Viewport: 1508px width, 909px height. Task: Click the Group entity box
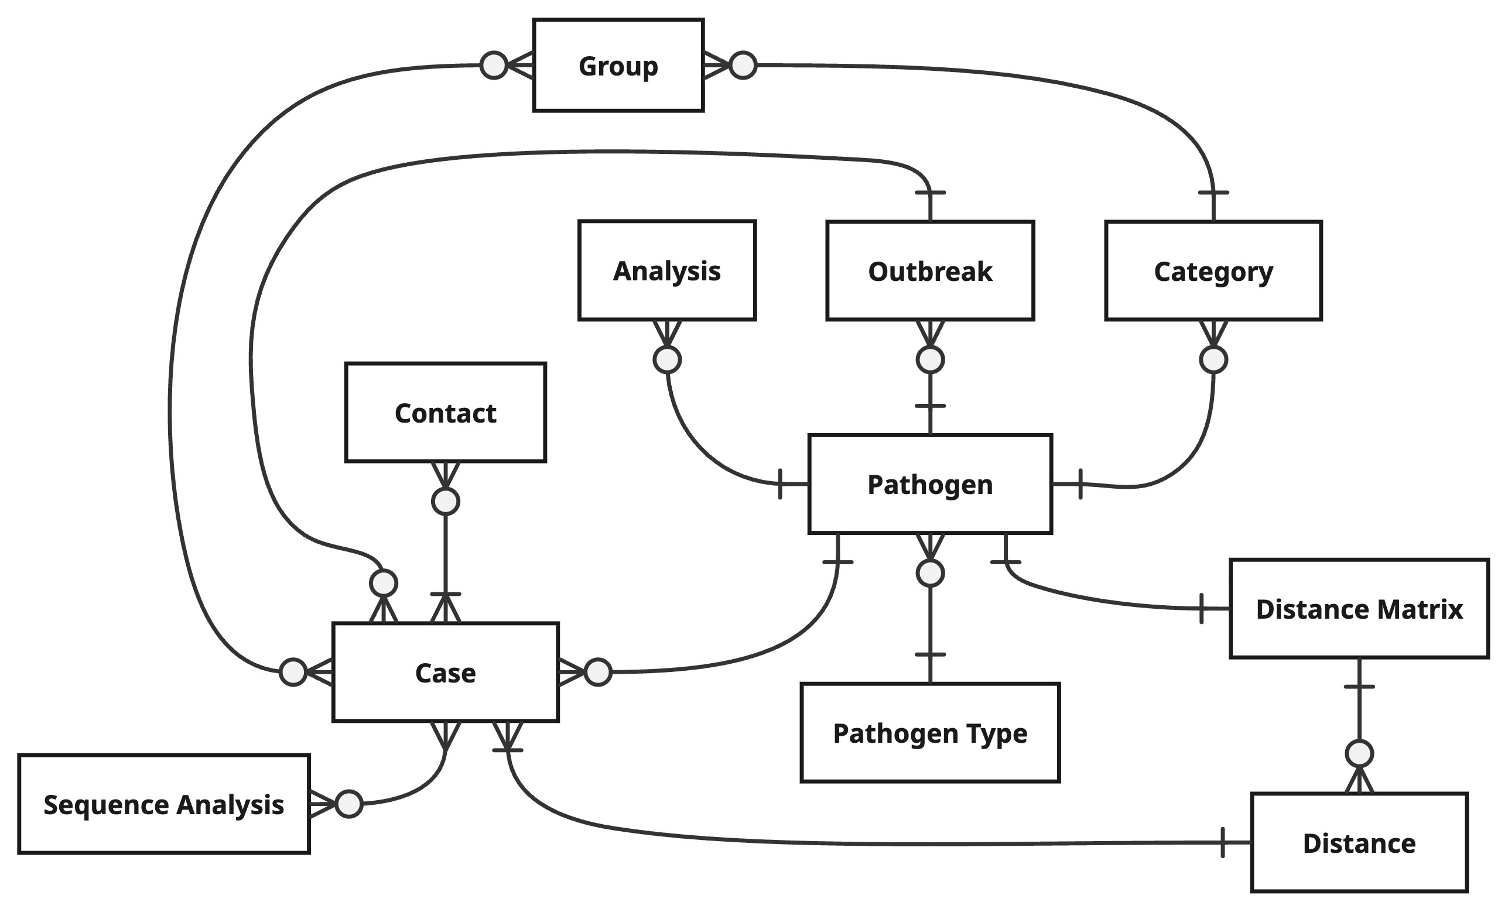tap(618, 66)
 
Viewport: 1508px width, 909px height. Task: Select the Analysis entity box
tap(666, 270)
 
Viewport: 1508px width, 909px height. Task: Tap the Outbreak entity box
tap(929, 270)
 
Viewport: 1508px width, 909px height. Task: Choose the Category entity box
tap(1213, 270)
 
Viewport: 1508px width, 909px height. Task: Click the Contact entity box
tap(445, 412)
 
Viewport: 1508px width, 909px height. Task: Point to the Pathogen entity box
tap(929, 484)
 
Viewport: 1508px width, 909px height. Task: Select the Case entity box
tap(445, 673)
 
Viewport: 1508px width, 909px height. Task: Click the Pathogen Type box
tap(929, 732)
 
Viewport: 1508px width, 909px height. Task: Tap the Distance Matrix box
tap(1359, 609)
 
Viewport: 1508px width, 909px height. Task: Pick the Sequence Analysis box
tap(163, 804)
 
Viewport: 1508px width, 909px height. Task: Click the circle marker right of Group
tap(743, 65)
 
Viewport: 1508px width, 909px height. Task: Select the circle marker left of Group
tap(494, 65)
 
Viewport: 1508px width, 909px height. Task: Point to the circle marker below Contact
tap(445, 502)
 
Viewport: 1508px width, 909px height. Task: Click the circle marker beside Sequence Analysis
tap(350, 804)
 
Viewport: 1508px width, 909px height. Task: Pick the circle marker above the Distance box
tap(1359, 754)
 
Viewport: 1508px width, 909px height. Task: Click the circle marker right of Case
tap(598, 673)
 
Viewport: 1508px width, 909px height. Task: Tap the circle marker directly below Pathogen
tap(929, 573)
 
